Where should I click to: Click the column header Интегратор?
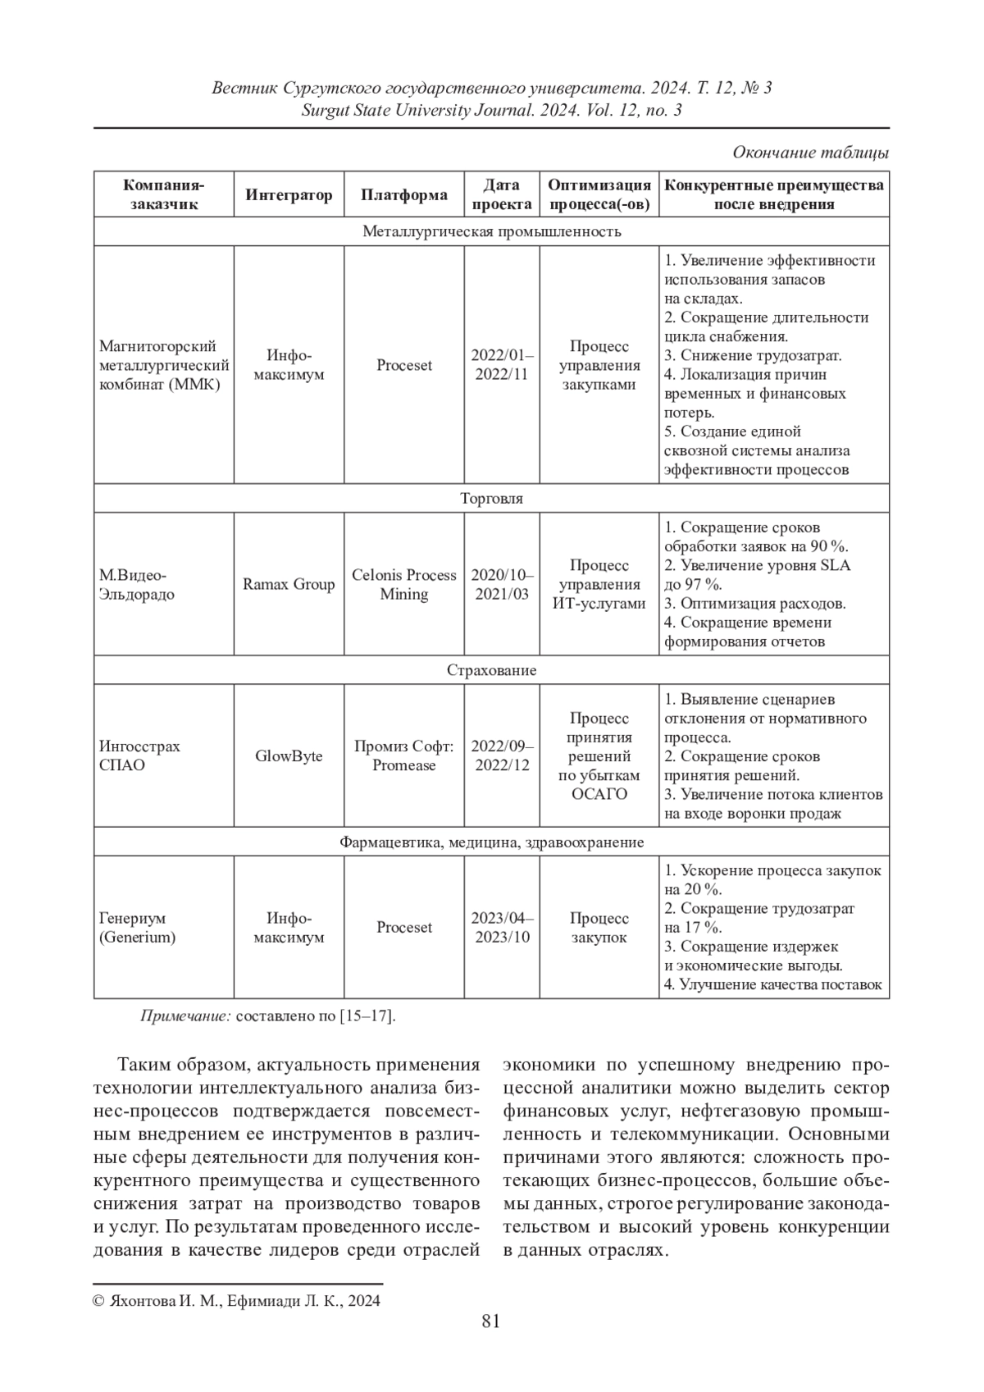pos(289,194)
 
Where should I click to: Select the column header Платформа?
pos(404,194)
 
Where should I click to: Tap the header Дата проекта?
pos(502,194)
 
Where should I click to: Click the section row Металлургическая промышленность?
pos(492,231)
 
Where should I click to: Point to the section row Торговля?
pos(492,498)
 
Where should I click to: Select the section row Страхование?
pos(492,670)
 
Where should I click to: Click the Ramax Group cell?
pos(289,584)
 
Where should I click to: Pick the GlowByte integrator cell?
pos(289,755)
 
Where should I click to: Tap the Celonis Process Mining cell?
pos(404,584)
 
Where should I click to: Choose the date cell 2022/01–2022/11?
pos(502,365)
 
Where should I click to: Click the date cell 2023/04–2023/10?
pos(502,928)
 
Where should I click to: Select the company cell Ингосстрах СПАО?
pos(139,755)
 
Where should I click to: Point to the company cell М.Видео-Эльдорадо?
pos(136,584)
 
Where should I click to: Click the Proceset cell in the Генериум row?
pos(404,928)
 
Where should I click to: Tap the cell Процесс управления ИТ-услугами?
pos(599,584)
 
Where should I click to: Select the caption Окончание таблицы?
pos(810,153)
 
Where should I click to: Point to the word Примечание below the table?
pos(186,1016)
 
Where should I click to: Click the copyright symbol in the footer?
pos(98,1300)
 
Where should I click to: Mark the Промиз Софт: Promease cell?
pos(404,755)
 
